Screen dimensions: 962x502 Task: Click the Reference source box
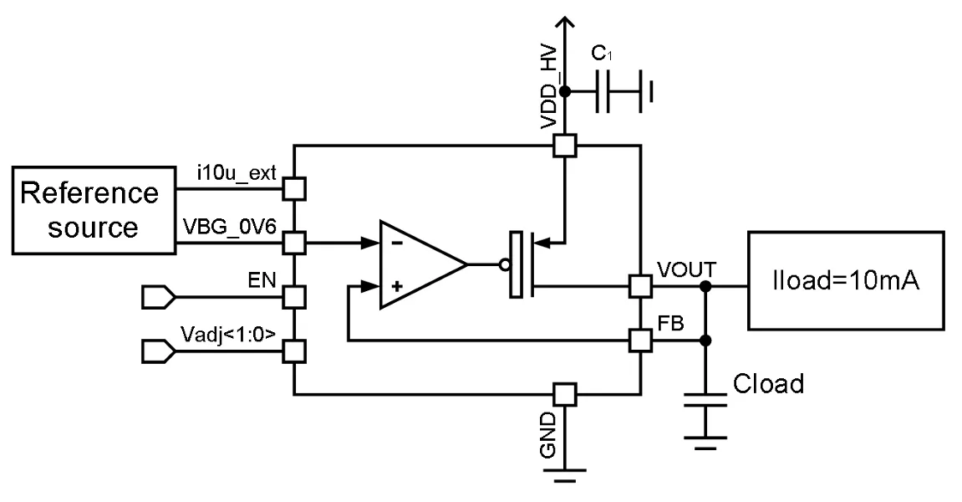(94, 210)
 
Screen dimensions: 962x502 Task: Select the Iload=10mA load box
(846, 280)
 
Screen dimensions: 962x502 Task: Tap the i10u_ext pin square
(294, 188)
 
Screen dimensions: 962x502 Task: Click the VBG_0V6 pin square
(294, 243)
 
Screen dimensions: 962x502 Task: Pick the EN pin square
(294, 297)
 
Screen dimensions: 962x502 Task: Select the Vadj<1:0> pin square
(294, 352)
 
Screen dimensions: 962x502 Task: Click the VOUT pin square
(641, 286)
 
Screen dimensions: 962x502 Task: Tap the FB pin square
(641, 341)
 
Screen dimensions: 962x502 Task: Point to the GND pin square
(565, 394)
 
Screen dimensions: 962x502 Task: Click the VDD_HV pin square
(565, 146)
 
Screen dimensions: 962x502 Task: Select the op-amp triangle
(423, 264)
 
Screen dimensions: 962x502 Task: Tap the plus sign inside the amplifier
(397, 285)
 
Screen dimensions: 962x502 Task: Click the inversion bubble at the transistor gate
(504, 265)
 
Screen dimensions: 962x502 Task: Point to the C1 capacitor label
(602, 54)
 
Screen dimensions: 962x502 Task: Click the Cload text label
(768, 384)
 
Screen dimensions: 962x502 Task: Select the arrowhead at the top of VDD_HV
(565, 23)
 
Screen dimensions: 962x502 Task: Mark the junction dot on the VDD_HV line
(565, 91)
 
